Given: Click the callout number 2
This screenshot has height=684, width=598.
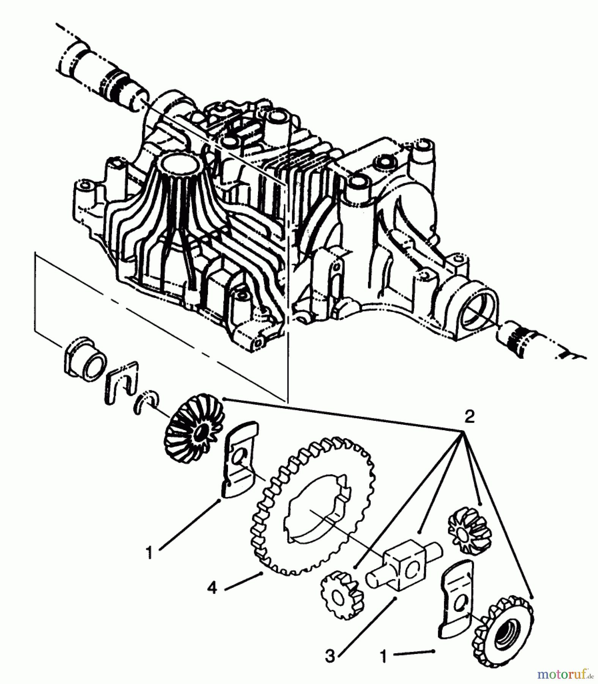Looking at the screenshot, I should click(469, 418).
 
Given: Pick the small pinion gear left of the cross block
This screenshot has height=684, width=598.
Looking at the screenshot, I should click(339, 597).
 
